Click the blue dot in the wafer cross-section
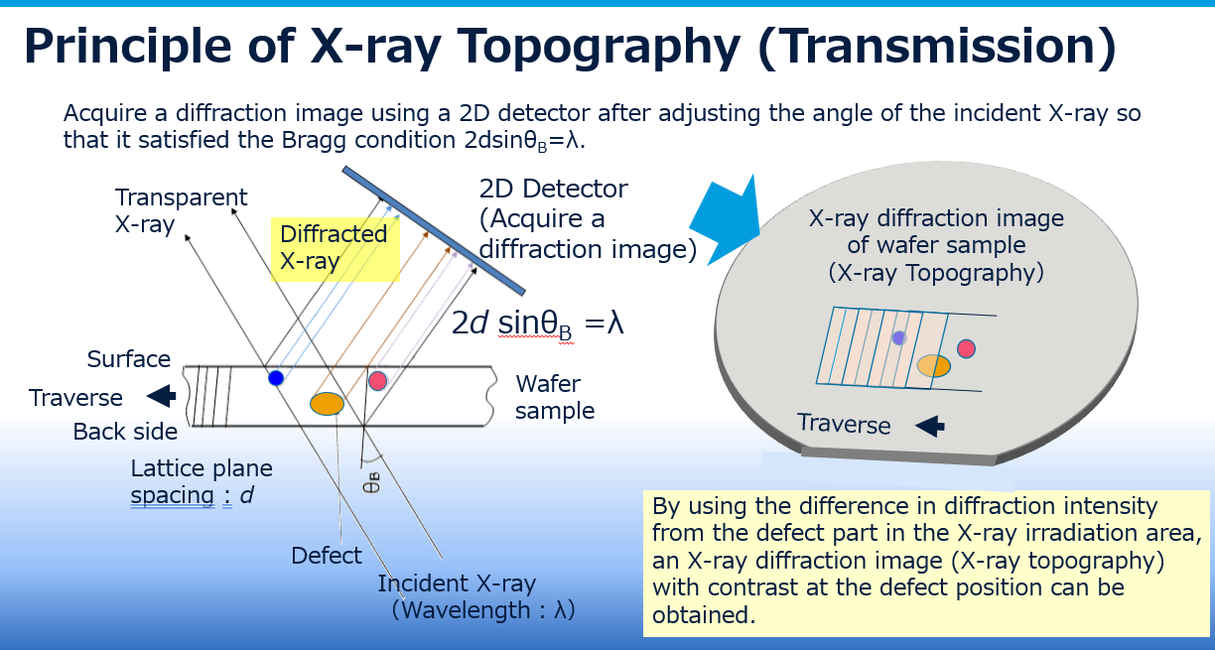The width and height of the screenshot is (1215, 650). click(276, 377)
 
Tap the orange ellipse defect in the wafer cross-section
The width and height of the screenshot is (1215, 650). click(327, 403)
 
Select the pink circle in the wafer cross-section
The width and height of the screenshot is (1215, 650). click(377, 380)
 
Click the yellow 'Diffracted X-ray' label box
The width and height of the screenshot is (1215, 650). click(334, 247)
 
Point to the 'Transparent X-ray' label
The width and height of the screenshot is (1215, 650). click(181, 210)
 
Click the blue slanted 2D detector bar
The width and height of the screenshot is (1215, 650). click(433, 230)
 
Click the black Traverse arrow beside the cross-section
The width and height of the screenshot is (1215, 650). click(160, 397)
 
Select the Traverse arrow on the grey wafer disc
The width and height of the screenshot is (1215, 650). click(928, 426)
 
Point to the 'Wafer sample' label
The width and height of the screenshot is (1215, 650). click(555, 396)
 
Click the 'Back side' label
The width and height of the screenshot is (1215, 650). click(125, 432)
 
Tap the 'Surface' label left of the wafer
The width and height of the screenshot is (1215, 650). click(129, 359)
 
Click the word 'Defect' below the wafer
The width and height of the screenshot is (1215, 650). click(327, 556)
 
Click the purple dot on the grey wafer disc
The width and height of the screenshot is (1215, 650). click(899, 337)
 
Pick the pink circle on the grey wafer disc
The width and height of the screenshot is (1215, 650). click(966, 348)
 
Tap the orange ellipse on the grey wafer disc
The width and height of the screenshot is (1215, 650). click(934, 366)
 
